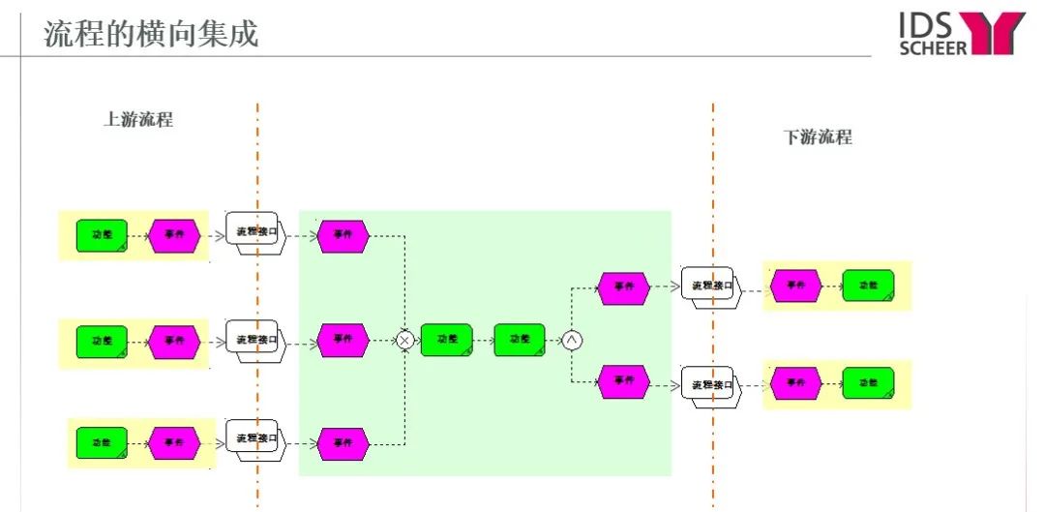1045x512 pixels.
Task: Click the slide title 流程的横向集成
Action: (x=151, y=34)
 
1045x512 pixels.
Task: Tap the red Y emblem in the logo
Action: (x=997, y=32)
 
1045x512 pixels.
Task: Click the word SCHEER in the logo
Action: (x=933, y=45)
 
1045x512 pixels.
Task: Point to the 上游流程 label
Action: (x=138, y=121)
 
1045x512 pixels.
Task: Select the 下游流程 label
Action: (x=818, y=137)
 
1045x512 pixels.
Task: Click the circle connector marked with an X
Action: (x=406, y=340)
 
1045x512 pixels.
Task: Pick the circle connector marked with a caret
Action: (x=572, y=340)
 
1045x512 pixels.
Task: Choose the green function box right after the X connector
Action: (x=446, y=340)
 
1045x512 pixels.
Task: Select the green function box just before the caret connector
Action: (x=520, y=340)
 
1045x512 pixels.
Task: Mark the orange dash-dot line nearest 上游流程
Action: (x=257, y=290)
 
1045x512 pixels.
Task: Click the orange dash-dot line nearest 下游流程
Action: (x=713, y=290)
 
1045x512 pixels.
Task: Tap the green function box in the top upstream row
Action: (x=102, y=235)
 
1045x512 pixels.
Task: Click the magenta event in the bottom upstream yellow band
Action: (x=174, y=442)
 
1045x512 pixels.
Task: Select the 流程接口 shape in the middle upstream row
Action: (x=254, y=341)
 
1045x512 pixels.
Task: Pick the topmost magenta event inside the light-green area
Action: (x=343, y=235)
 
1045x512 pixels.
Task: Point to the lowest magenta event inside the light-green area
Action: (x=343, y=442)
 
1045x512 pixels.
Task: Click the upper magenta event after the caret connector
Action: (x=623, y=287)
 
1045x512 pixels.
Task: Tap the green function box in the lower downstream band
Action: (x=868, y=383)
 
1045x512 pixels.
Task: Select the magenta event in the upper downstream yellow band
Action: (x=795, y=286)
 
